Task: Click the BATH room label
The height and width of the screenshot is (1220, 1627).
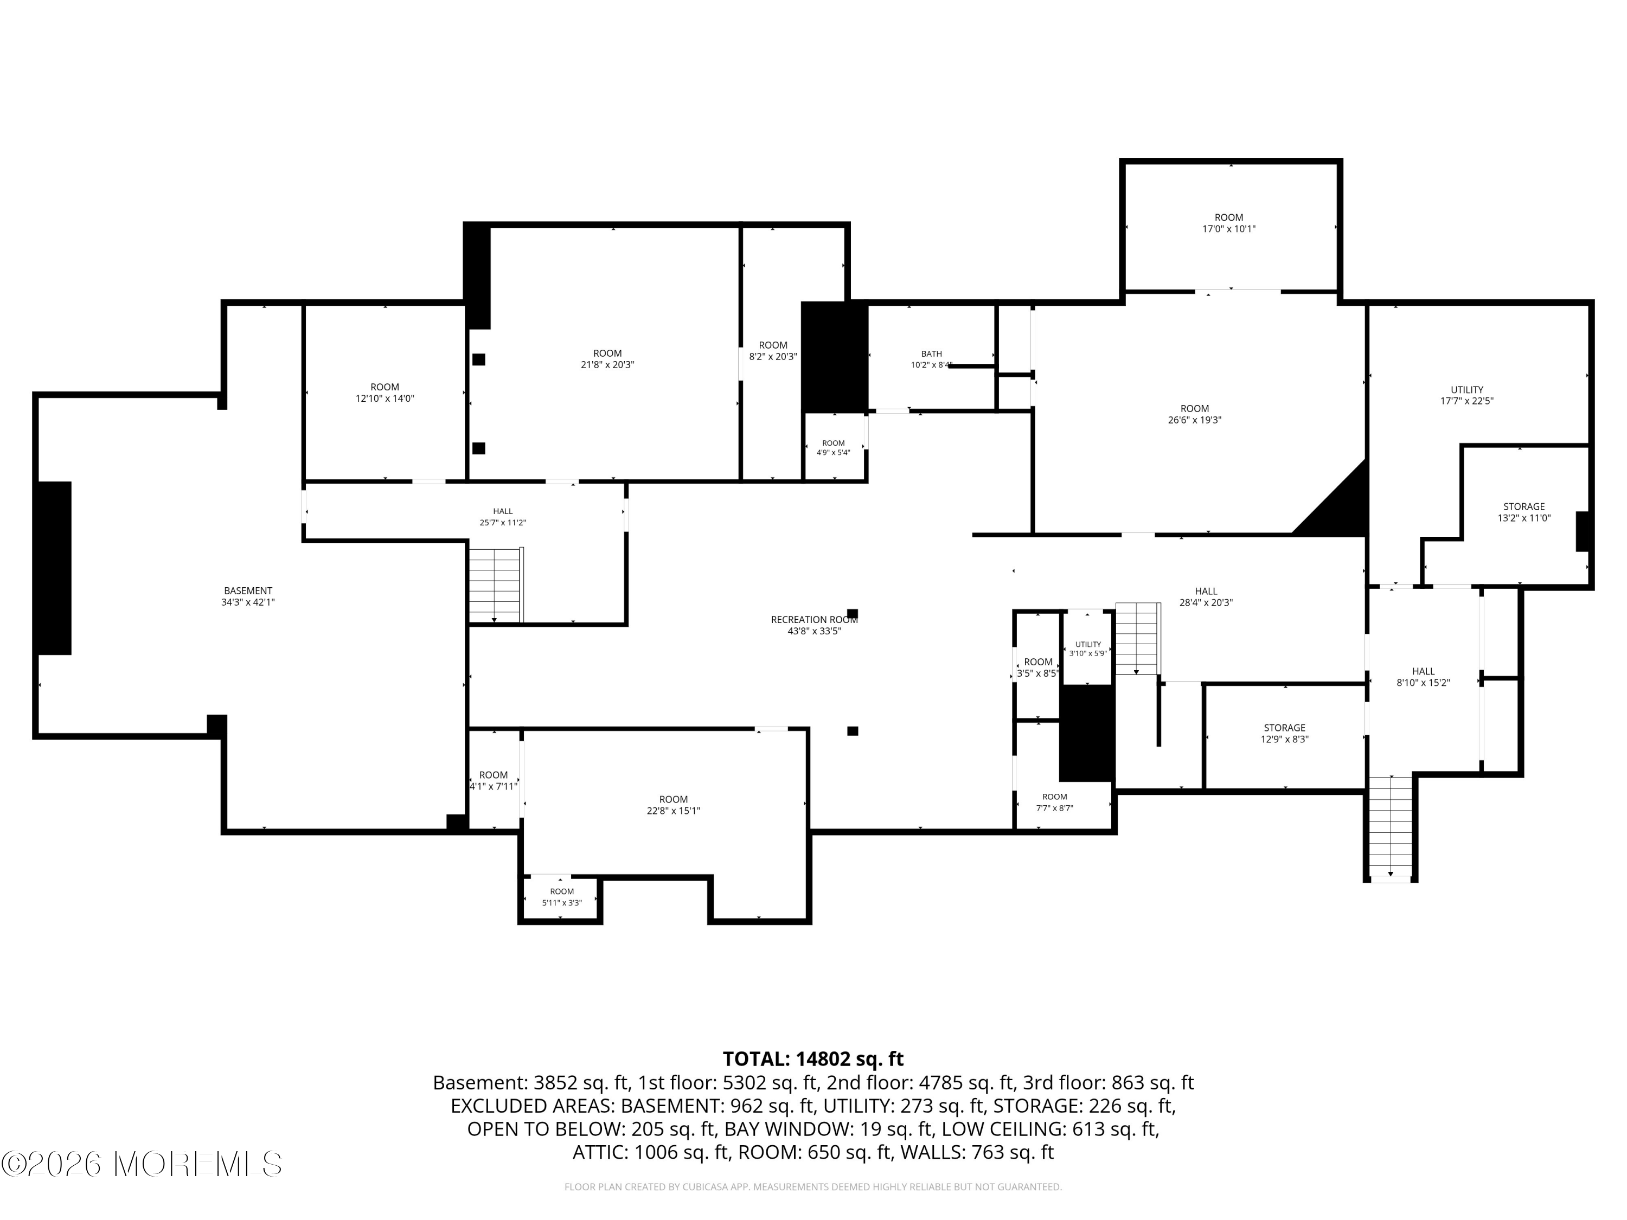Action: tap(931, 354)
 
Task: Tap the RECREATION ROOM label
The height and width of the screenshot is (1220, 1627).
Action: tap(814, 620)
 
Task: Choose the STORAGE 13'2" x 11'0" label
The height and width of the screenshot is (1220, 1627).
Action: tap(1524, 512)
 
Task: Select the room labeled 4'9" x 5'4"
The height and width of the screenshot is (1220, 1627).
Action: tap(834, 448)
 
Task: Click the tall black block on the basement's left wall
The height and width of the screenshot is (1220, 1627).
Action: tap(54, 568)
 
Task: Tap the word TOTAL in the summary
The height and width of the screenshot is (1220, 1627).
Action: tap(756, 1059)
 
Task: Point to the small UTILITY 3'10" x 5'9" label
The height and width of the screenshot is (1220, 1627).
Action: tap(1088, 648)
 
